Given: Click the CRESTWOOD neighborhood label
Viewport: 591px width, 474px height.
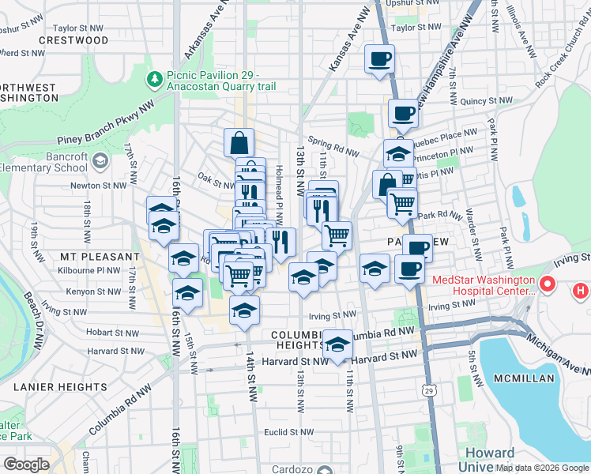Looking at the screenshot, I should point(73,39).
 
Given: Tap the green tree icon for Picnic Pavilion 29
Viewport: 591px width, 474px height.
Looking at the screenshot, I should point(153,79).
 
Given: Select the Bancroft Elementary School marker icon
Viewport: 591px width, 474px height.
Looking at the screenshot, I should point(100,162).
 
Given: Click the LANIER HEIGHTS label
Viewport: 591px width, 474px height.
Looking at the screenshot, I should point(60,386).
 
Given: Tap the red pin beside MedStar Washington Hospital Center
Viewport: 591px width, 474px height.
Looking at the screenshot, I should point(546,284).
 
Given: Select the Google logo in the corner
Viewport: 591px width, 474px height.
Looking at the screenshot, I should point(27,465).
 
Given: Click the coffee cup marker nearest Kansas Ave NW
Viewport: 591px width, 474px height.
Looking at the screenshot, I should point(379,60).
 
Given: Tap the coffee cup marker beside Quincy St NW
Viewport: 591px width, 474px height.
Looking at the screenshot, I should point(402,114).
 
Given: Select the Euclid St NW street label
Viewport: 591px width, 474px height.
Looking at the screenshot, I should point(289,432).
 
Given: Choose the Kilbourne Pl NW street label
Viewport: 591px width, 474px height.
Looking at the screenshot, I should point(88,270).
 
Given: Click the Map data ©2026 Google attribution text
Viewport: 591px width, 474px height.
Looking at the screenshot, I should point(542,468).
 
